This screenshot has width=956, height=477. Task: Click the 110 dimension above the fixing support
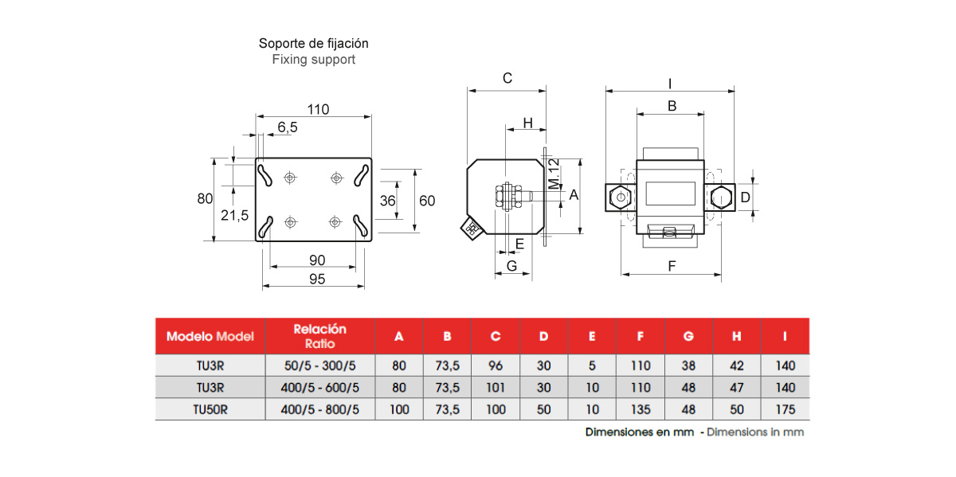[x=318, y=110]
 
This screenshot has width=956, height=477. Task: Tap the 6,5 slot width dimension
[x=288, y=127]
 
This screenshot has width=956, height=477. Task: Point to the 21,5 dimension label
[x=234, y=215]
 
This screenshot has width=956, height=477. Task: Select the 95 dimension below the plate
[x=317, y=279]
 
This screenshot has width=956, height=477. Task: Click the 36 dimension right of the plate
[x=388, y=201]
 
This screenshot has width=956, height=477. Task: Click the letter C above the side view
[x=507, y=78]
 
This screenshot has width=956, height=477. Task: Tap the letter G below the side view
[x=512, y=265]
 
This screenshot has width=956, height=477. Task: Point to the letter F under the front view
[x=672, y=267]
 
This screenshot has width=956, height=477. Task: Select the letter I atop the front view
[x=670, y=83]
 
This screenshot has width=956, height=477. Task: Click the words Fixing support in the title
[x=313, y=60]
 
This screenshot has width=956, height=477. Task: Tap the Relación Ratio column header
[x=319, y=336]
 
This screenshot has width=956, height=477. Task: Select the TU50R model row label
[x=210, y=410]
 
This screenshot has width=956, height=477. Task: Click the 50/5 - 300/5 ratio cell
[x=319, y=366]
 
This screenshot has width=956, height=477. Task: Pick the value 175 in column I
[x=785, y=410]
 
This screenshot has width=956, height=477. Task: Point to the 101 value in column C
[x=496, y=389]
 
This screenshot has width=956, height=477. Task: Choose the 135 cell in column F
[x=641, y=410]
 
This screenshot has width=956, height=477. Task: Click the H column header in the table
[x=736, y=337]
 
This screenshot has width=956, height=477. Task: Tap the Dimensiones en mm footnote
[x=639, y=432]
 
